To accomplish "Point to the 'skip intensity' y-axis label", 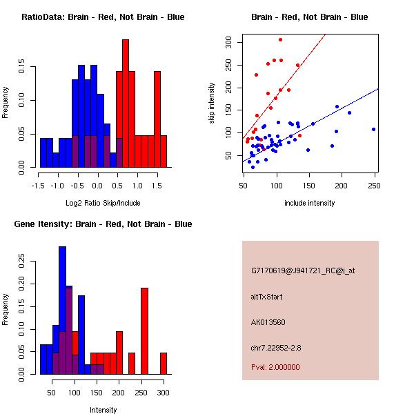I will click(212, 103).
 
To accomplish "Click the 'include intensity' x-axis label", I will click(310, 203).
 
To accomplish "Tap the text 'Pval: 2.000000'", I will click(275, 367).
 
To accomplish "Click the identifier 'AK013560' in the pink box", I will click(268, 322).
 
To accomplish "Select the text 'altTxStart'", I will click(267, 297).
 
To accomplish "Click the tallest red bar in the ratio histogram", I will click(126, 103).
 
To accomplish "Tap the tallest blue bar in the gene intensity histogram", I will click(62, 310).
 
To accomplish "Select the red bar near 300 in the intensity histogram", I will click(164, 363).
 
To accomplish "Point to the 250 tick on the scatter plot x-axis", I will click(374, 185).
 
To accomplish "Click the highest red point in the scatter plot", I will click(280, 39).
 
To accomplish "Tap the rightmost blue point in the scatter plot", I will click(373, 129).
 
